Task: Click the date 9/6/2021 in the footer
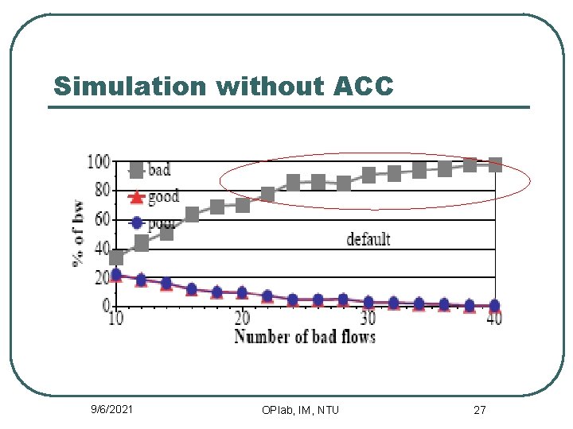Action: coord(111,409)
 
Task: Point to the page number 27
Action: coord(479,410)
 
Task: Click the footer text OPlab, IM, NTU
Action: coord(300,410)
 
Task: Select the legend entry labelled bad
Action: coord(158,169)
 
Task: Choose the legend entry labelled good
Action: coord(163,196)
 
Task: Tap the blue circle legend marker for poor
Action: coord(136,223)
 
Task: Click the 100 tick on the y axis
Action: coord(98,162)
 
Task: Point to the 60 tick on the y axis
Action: coord(101,220)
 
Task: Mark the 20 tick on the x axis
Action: coord(242,318)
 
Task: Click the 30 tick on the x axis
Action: coord(368,318)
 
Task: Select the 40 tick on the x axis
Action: coord(493,318)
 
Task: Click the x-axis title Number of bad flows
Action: coord(305,336)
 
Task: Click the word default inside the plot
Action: coord(368,238)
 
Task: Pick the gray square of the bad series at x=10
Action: coord(116,257)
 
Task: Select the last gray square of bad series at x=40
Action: coord(494,165)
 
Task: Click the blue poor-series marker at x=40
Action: coord(494,305)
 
